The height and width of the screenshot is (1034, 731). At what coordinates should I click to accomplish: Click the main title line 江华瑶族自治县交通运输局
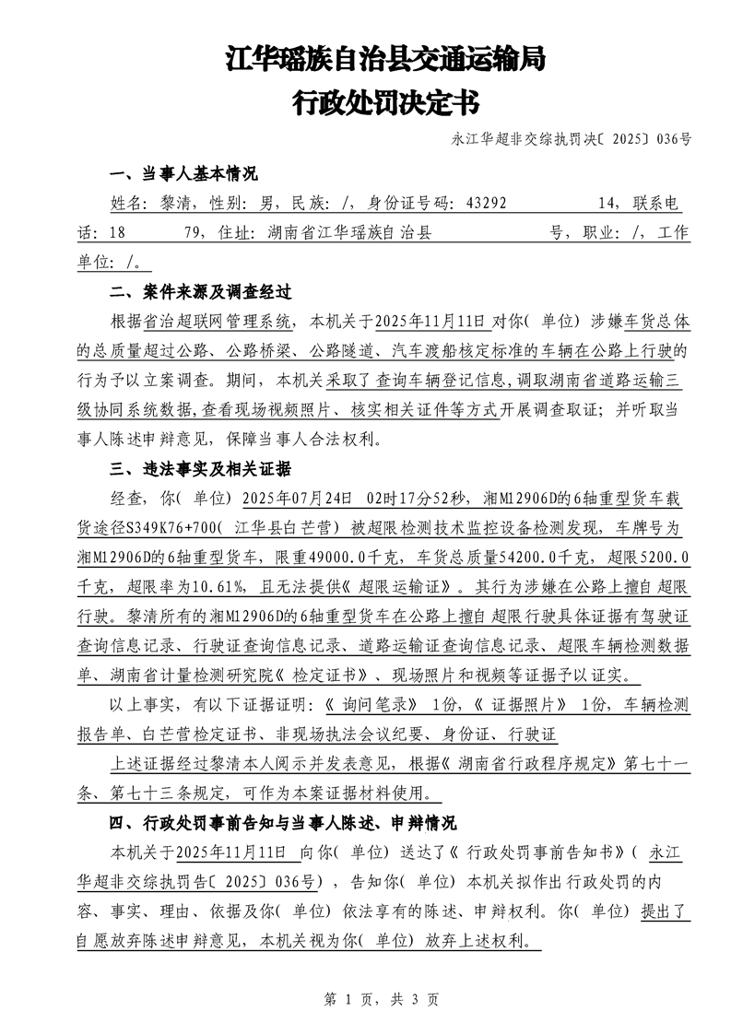[385, 61]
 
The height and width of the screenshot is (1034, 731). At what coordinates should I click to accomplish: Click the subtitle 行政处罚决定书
[385, 102]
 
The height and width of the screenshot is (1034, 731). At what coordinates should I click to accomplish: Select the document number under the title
[572, 140]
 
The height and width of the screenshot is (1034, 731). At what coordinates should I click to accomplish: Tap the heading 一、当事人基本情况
[183, 174]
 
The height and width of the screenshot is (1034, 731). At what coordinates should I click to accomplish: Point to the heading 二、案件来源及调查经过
[200, 292]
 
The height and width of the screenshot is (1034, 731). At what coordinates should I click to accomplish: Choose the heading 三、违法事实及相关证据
[200, 469]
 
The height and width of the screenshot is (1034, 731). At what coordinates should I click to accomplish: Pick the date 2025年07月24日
[297, 499]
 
